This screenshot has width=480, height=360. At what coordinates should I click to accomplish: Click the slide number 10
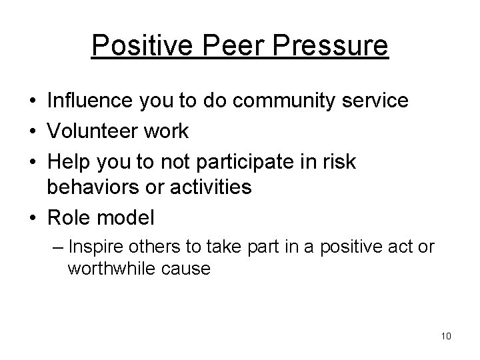(x=446, y=335)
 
